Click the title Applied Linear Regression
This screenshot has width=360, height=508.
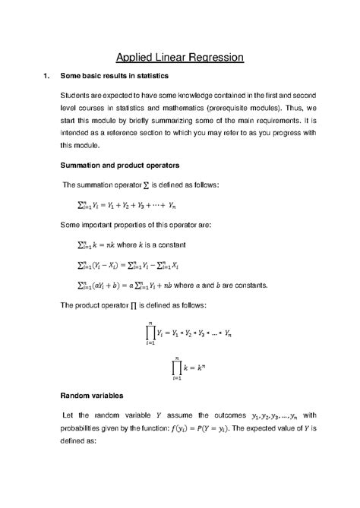point(179,57)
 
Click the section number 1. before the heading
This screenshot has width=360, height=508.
point(47,77)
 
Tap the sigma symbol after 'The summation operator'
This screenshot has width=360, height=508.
point(146,184)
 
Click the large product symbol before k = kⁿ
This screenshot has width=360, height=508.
point(176,364)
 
